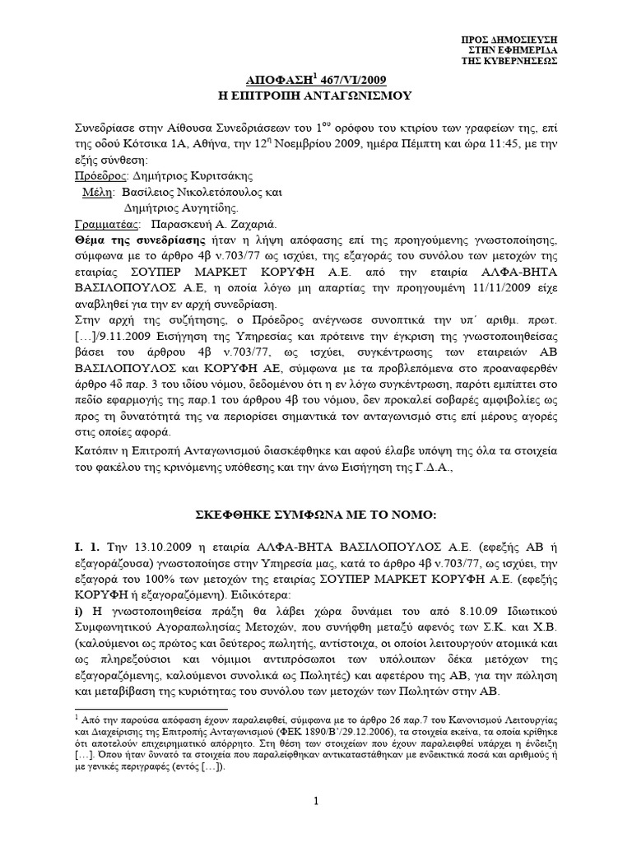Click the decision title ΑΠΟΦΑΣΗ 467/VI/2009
pyautogui.click(x=316, y=79)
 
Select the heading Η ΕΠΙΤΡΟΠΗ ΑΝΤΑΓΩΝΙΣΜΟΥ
pyautogui.click(x=316, y=95)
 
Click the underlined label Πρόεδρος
pyautogui.click(x=100, y=175)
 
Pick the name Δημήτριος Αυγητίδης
pyautogui.click(x=186, y=207)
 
